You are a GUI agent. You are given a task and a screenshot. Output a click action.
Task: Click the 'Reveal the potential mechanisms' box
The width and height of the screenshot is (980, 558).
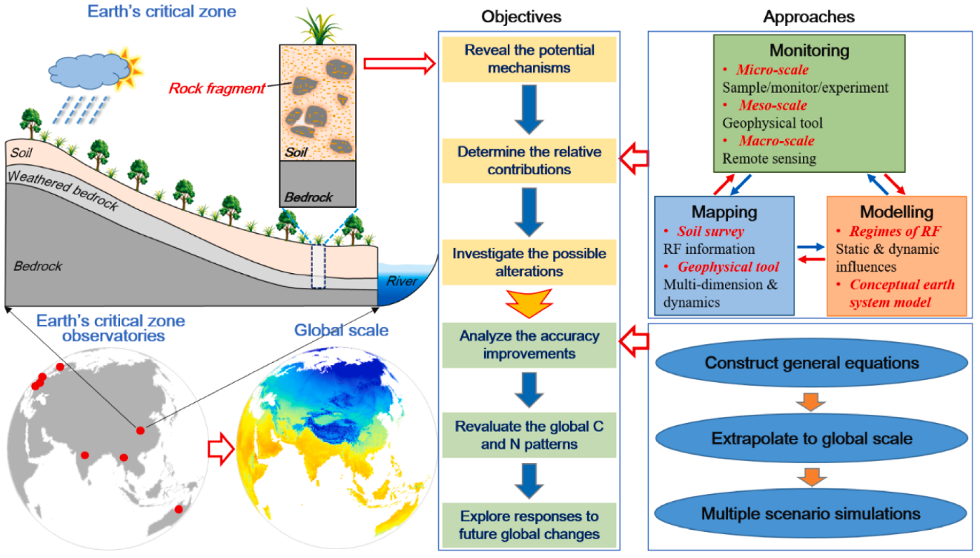click(x=529, y=59)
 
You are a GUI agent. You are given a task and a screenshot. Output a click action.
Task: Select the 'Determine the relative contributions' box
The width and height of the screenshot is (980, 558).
click(x=529, y=160)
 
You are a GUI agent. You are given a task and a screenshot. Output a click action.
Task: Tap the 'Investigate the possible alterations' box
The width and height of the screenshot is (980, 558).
click(x=529, y=263)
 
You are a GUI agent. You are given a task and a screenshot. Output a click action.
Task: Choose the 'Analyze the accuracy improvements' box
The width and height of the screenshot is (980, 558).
click(x=529, y=345)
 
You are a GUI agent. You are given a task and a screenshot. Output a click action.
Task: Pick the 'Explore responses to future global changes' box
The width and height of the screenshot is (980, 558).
click(x=529, y=525)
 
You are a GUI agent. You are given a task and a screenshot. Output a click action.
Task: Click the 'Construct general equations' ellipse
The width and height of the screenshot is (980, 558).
click(x=812, y=363)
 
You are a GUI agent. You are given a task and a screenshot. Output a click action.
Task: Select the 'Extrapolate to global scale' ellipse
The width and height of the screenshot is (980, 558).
click(x=812, y=438)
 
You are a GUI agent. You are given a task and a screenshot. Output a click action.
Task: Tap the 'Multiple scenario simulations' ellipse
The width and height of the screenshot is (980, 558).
click(x=812, y=513)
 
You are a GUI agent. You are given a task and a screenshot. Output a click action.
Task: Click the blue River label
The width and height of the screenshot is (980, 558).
click(x=402, y=280)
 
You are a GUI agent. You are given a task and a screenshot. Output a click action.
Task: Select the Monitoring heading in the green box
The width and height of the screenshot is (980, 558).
click(x=809, y=51)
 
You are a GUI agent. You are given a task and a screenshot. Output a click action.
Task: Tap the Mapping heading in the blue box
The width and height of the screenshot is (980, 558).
click(x=724, y=211)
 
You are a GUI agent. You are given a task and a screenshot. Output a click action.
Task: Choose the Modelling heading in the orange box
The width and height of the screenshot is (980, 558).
click(x=895, y=211)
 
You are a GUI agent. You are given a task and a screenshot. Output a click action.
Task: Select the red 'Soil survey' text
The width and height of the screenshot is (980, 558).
click(x=709, y=232)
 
